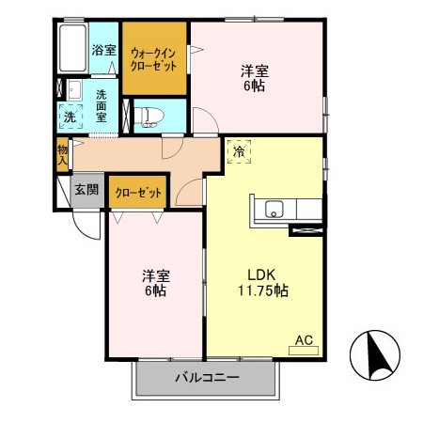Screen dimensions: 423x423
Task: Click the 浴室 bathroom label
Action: pyautogui.click(x=102, y=51)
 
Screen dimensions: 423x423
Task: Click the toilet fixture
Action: pyautogui.click(x=149, y=117)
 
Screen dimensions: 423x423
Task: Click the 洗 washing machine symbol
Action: pyautogui.click(x=70, y=117)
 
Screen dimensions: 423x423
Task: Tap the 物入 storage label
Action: pyautogui.click(x=62, y=154)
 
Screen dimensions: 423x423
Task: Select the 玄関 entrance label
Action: pyautogui.click(x=87, y=189)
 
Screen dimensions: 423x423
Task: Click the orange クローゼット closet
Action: pyautogui.click(x=138, y=193)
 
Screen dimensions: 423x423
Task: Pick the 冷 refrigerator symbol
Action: pyautogui.click(x=239, y=151)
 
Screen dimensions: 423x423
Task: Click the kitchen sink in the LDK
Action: pyautogui.click(x=274, y=210)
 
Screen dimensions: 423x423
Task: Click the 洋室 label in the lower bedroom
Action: pyautogui.click(x=155, y=274)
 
